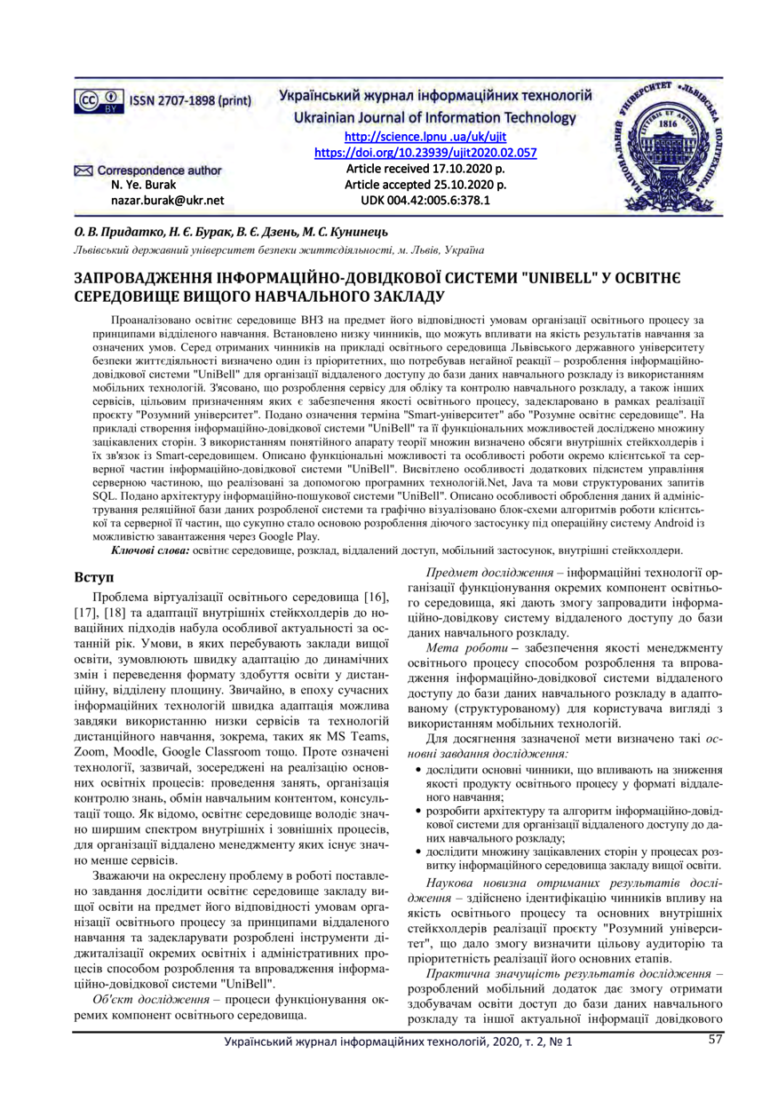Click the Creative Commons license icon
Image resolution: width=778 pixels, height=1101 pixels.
[97, 100]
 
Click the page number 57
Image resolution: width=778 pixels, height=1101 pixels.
[716, 1039]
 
